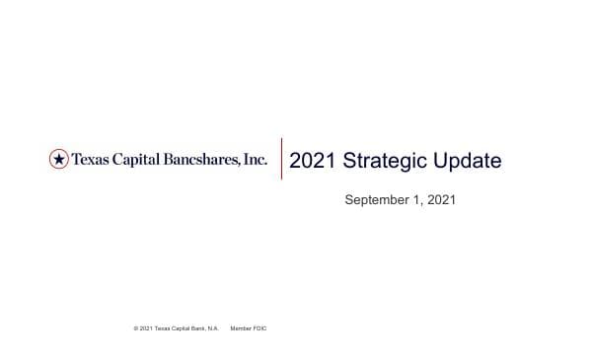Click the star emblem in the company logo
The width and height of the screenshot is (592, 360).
[x=59, y=159]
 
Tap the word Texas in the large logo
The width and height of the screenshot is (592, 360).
[x=91, y=159]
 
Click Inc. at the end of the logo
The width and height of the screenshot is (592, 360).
[x=256, y=159]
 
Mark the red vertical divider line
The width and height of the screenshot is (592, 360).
[x=282, y=159]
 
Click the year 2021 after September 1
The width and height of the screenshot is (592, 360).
[x=442, y=199]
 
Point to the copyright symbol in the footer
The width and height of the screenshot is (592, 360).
[x=134, y=327]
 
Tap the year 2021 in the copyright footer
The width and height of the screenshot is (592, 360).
[x=145, y=327]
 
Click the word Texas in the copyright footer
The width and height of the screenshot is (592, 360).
[x=163, y=327]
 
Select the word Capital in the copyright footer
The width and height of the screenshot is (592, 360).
[x=182, y=327]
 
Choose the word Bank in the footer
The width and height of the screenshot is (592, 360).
[x=200, y=327]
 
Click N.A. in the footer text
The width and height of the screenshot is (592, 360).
[x=213, y=327]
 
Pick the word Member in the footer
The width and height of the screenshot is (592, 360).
[x=241, y=327]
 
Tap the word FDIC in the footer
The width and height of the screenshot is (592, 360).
[x=260, y=327]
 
